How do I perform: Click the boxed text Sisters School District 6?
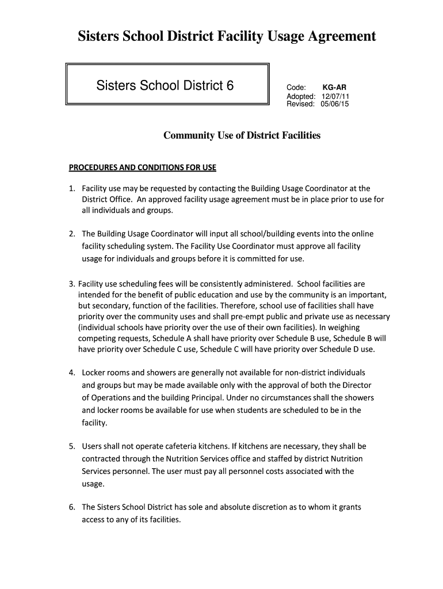(165, 86)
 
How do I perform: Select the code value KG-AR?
(334, 87)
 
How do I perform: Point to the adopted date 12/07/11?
(335, 96)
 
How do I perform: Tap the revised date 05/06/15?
(335, 104)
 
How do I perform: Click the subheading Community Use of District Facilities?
(242, 136)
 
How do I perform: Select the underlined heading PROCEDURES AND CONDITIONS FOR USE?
(142, 168)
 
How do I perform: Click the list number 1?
(72, 188)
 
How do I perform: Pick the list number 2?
(72, 234)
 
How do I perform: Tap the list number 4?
(72, 373)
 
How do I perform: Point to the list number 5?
(72, 446)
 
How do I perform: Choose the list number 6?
(72, 507)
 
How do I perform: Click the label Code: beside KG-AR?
(296, 87)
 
